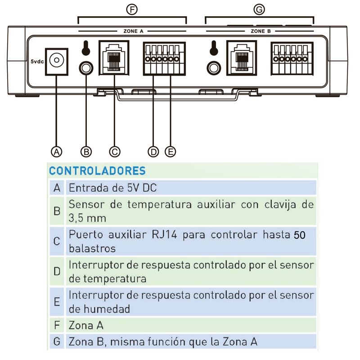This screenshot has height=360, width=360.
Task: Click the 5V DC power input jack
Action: pyautogui.click(x=57, y=62)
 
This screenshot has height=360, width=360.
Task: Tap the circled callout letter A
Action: pyautogui.click(x=57, y=152)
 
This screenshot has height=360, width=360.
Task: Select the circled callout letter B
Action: pyautogui.click(x=86, y=152)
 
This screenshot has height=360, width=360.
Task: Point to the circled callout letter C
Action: pyautogui.click(x=115, y=152)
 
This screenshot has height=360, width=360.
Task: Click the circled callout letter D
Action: pyautogui.click(x=153, y=152)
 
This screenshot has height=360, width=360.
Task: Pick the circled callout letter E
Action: pyautogui.click(x=171, y=152)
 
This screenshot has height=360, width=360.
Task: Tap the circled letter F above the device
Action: pyautogui.click(x=132, y=9)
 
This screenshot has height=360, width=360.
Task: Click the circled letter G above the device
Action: pyautogui.click(x=259, y=9)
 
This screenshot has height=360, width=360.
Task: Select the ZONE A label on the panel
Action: pyautogui.click(x=133, y=31)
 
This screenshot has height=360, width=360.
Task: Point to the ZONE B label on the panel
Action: pyautogui.click(x=261, y=31)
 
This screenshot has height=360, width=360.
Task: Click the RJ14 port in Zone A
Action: pyautogui.click(x=114, y=58)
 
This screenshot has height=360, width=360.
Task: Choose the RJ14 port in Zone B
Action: pyautogui.click(x=242, y=58)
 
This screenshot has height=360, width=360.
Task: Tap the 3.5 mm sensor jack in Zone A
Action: pyautogui.click(x=86, y=68)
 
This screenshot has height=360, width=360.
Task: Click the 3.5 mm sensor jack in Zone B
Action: pyautogui.click(x=214, y=68)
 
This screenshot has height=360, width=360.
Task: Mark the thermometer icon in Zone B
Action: pyautogui.click(x=214, y=48)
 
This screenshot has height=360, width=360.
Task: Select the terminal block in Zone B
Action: pyautogui.click(x=292, y=58)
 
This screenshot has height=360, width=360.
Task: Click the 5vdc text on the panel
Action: pyautogui.click(x=37, y=62)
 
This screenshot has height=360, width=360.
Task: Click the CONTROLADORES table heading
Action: pyautogui.click(x=97, y=171)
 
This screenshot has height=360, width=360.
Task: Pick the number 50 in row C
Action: pyautogui.click(x=299, y=235)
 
